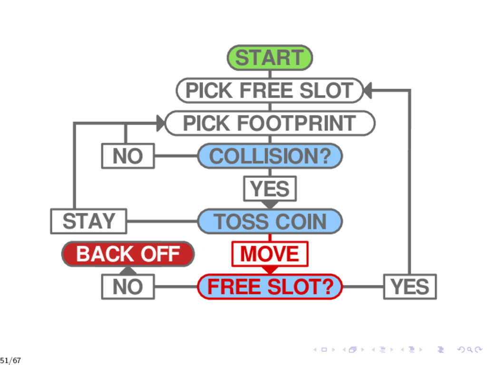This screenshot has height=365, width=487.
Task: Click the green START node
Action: pos(270,58)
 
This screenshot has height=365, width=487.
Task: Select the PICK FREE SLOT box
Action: pos(270,90)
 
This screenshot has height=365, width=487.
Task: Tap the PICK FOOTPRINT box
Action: pos(270,123)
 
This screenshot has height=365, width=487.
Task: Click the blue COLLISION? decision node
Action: pos(270,156)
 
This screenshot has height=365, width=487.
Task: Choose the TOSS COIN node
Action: pos(270,221)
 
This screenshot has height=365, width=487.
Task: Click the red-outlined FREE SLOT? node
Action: pos(270,287)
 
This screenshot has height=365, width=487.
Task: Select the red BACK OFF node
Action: pos(128,254)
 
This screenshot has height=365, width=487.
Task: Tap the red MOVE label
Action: pos(270,254)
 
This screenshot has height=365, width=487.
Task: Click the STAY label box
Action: pos(88,221)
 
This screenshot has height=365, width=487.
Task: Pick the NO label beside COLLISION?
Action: pos(127,156)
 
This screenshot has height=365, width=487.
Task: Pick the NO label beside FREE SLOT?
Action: pos(127,287)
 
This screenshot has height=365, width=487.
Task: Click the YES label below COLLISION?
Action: pos(270,189)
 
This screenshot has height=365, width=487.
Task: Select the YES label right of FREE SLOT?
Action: pos(409,287)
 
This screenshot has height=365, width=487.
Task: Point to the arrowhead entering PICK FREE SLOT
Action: pos(367,90)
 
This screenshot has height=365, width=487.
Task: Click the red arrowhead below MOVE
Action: pos(270,269)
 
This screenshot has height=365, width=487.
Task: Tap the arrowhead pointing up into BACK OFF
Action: pos(128,270)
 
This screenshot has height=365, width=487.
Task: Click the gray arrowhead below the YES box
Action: pos(270,204)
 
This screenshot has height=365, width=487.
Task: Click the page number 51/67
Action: pos(10,360)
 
